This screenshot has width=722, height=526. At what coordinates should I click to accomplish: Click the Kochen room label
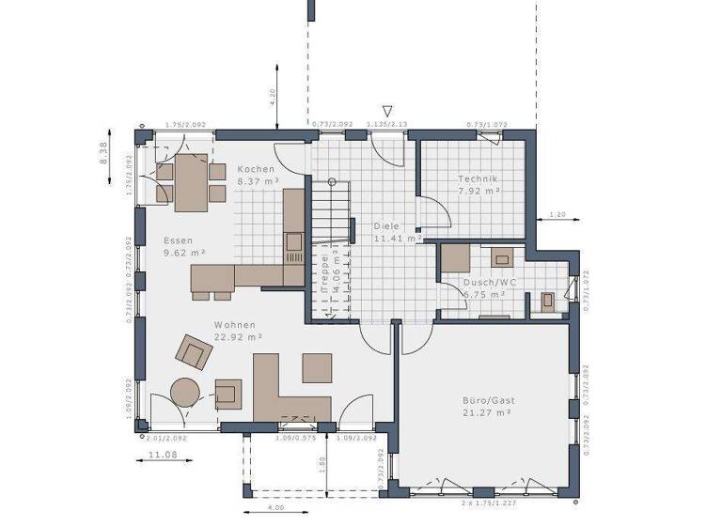(257, 168)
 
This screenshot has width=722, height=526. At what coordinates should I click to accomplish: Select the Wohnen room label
(206, 324)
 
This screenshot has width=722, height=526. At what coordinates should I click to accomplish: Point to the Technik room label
(478, 178)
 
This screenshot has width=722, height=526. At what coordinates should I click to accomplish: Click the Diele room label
(386, 226)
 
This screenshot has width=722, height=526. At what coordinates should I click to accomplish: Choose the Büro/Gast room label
(489, 399)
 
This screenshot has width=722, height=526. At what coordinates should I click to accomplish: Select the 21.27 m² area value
(487, 411)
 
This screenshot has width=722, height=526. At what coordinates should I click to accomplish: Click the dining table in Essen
(191, 182)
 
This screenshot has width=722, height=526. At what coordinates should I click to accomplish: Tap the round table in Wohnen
(183, 391)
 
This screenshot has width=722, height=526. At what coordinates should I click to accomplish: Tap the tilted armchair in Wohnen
(195, 352)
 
